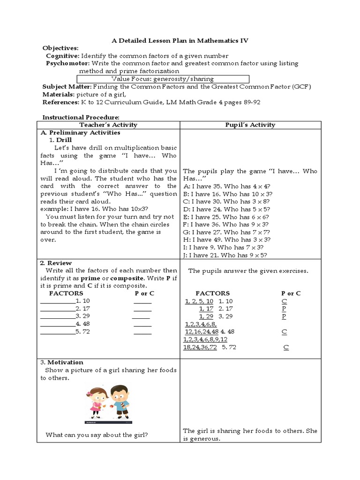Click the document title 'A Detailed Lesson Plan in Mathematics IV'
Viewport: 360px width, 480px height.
click(x=180, y=41)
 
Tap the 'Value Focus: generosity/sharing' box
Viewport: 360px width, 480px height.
click(x=163, y=79)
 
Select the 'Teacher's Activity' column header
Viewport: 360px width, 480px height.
click(x=108, y=125)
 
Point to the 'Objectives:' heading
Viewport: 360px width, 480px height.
click(x=60, y=48)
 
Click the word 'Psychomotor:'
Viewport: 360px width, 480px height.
click(x=68, y=63)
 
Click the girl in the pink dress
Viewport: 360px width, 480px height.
click(x=98, y=401)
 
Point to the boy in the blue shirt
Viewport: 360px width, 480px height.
click(x=123, y=400)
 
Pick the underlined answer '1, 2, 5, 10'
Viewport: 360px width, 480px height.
click(x=199, y=301)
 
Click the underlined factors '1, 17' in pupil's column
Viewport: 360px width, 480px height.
click(x=206, y=309)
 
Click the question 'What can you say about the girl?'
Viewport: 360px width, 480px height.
click(x=97, y=435)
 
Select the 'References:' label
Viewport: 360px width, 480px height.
click(x=60, y=102)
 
